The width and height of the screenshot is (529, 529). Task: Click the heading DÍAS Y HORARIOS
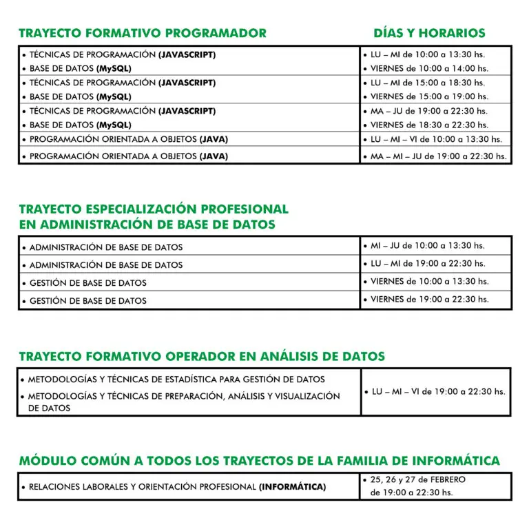[x=429, y=33]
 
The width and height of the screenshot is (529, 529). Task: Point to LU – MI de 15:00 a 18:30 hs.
[x=427, y=83]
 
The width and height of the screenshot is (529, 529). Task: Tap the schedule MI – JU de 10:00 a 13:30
[x=427, y=245]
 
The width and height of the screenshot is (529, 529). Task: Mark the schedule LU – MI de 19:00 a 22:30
[x=427, y=263]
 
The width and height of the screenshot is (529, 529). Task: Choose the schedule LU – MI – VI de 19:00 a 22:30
[x=437, y=391]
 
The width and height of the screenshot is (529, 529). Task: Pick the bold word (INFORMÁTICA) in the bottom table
[x=292, y=487]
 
